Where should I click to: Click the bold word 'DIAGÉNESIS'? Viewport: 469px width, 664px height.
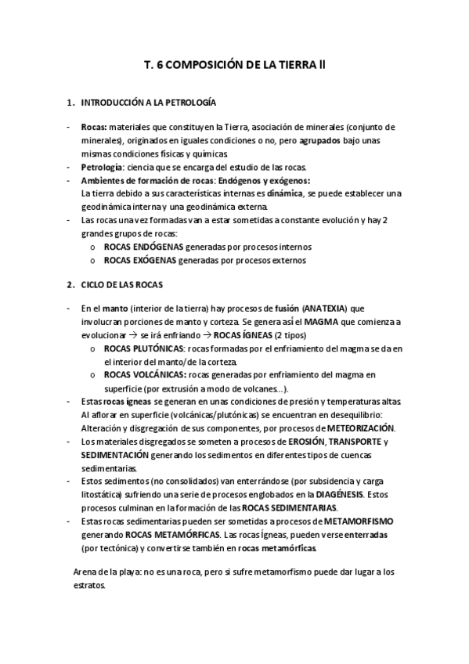coord(341,495)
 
